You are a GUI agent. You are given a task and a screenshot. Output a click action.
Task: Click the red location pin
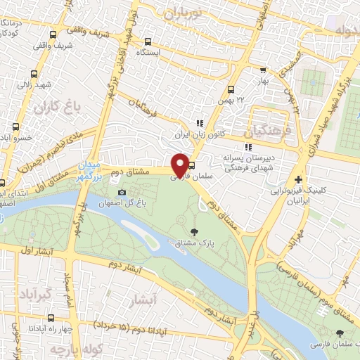tap(180, 165)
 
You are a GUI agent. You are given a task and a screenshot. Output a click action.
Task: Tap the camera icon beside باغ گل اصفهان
tap(122, 193)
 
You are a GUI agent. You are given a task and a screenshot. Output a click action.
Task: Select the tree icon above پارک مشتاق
tap(194, 232)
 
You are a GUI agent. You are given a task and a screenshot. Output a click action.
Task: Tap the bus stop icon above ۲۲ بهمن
tap(231, 89)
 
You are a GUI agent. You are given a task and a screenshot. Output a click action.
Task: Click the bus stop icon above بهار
tap(263, 70)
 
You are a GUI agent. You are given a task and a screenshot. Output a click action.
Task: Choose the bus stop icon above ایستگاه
tap(148, 41)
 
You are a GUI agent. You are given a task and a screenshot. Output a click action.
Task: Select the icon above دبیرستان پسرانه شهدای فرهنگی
tap(247, 147)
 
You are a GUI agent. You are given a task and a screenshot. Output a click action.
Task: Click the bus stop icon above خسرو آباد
tap(15, 127)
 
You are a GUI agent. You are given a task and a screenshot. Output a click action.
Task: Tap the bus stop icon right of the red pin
tap(192, 166)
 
